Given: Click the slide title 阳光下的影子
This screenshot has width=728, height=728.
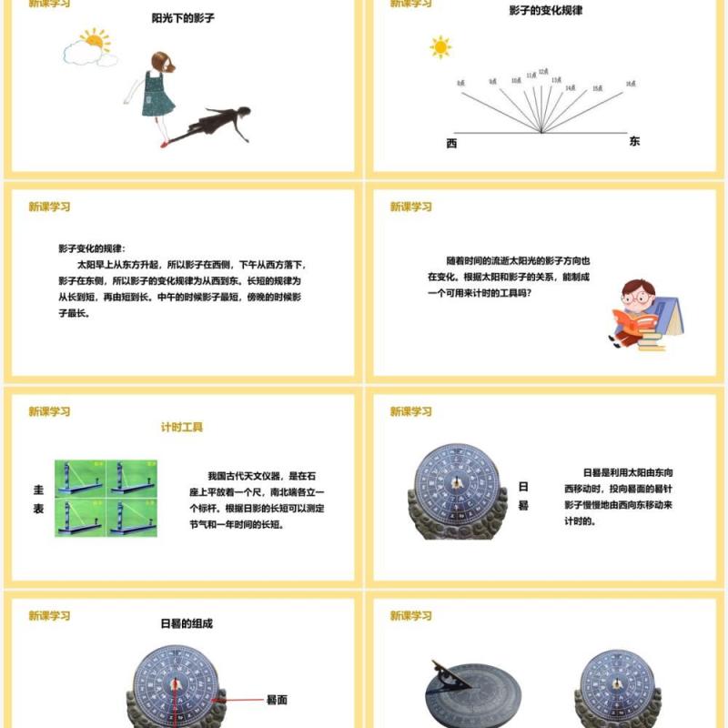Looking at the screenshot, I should (x=183, y=17).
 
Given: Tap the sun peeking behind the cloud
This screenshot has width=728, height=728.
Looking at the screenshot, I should (x=94, y=40).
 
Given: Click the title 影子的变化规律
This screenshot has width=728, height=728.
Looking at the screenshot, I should (x=545, y=11).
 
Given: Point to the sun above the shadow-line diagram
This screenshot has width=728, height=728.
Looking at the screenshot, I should (x=440, y=46).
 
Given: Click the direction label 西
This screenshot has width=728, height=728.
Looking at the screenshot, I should (x=452, y=144).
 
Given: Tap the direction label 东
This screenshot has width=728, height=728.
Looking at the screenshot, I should (x=634, y=142).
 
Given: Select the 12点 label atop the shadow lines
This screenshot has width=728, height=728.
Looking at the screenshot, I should (x=542, y=71).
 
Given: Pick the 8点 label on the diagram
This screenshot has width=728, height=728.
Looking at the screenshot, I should (x=461, y=84).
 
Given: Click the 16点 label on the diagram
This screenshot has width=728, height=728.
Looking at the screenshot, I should (x=630, y=84).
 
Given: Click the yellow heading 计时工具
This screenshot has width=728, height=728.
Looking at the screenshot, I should (x=182, y=427).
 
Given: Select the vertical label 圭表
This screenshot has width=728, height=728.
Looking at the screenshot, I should (x=39, y=499).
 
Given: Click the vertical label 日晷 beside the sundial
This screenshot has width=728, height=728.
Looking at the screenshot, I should (x=523, y=496).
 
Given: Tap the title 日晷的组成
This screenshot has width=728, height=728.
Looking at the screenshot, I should (x=187, y=624).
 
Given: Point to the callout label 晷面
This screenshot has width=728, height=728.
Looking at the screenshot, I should (x=277, y=700).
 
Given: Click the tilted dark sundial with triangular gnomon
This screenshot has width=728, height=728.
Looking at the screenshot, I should (x=469, y=692).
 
